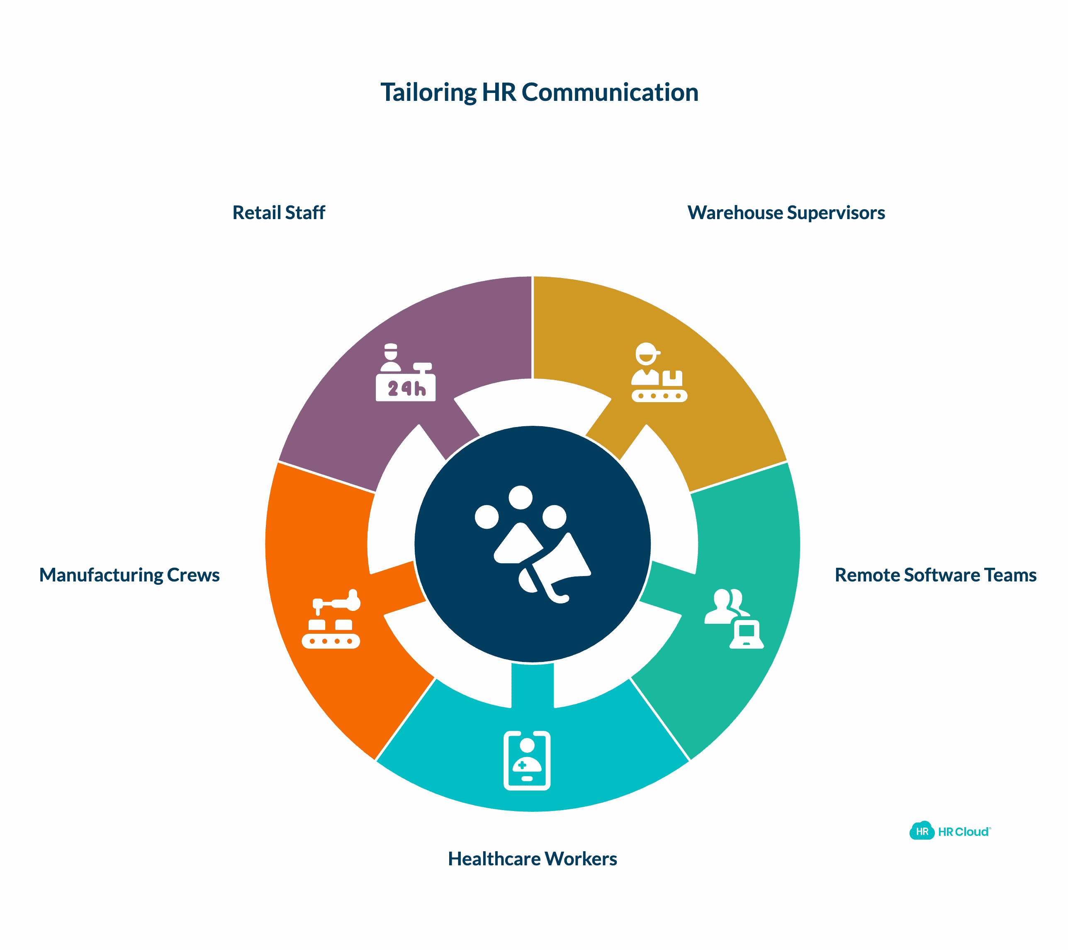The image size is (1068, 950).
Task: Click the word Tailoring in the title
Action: [428, 93]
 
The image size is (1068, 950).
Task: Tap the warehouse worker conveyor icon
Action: [658, 372]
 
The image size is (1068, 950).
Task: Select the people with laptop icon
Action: [732, 618]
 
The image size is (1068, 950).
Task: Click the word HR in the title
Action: [499, 93]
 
